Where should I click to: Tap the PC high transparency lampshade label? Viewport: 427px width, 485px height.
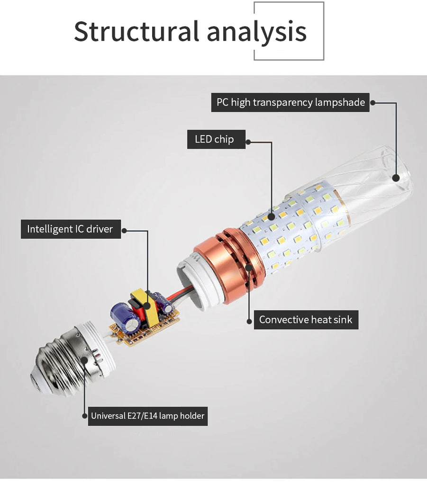coord(290,102)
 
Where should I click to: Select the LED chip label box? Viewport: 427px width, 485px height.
coord(216,139)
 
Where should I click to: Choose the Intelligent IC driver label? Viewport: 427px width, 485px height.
coord(71,229)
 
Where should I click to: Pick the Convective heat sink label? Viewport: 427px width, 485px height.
coord(305,320)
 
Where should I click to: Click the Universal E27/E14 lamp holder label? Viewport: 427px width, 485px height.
coord(147,416)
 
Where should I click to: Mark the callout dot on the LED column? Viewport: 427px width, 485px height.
coord(272,217)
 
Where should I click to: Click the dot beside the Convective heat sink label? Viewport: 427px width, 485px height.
coord(249,321)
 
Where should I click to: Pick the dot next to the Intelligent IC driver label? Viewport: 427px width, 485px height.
coord(125,231)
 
